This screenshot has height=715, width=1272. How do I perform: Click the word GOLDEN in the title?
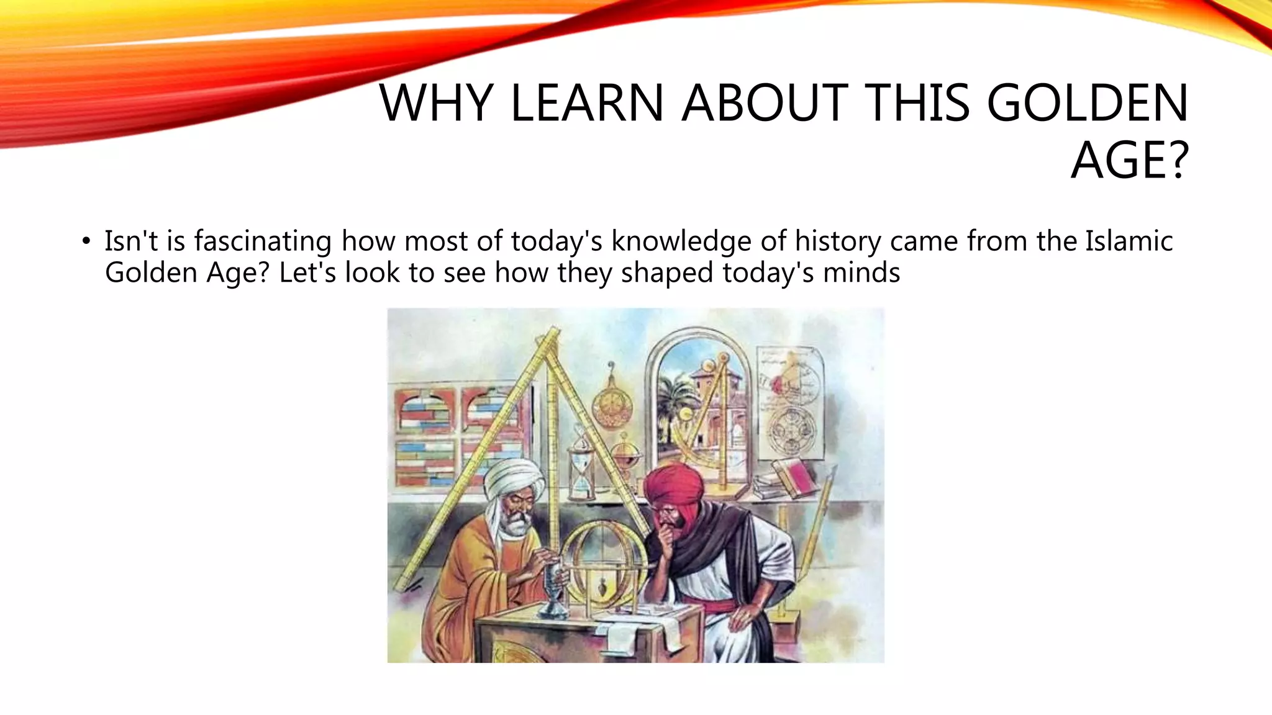[x=1087, y=103]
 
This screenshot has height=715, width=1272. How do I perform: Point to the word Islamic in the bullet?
[x=1129, y=241]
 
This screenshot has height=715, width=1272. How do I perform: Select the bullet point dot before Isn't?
[x=86, y=242]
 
